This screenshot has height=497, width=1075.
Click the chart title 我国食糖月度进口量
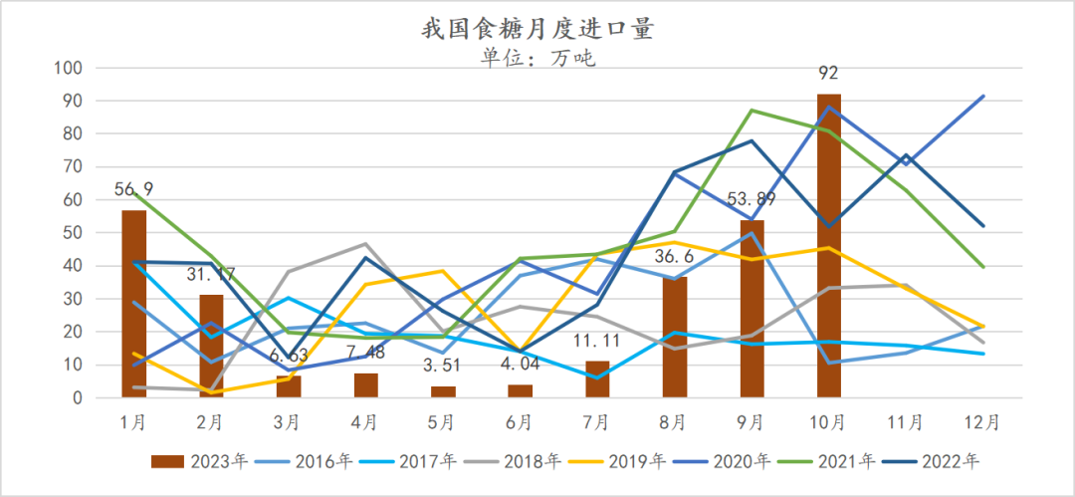coord(537,29)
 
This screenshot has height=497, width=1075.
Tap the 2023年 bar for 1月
coord(134,304)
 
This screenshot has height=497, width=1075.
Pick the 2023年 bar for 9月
coord(752,309)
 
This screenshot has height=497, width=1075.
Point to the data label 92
coord(829,73)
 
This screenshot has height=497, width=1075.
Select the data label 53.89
coord(752,199)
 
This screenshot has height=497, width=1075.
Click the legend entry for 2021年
coord(820,461)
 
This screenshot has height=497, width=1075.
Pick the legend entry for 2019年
coord(609,461)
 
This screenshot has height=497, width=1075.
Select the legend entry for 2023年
coord(188,461)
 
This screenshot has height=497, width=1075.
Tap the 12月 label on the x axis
coord(983,422)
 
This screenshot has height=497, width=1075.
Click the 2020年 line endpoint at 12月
coord(983,97)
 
